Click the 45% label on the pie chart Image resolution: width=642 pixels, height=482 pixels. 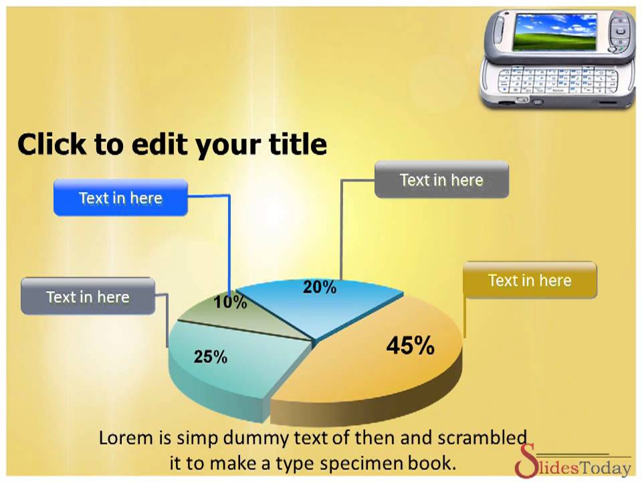[x=410, y=345]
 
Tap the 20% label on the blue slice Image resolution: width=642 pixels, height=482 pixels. [x=320, y=287]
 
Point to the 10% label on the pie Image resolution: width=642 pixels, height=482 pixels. [x=230, y=303]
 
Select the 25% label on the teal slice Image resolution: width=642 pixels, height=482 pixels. [x=211, y=357]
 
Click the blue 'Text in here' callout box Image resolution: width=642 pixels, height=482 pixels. [x=120, y=197]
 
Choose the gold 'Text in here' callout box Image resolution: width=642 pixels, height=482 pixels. [x=530, y=280]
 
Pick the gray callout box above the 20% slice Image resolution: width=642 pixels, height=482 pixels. [x=441, y=179]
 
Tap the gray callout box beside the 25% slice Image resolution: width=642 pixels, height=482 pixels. [x=88, y=297]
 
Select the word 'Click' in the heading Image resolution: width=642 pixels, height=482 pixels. [x=52, y=144]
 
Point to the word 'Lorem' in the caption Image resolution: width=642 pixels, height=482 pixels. [x=126, y=438]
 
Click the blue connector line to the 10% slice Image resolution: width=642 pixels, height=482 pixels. [x=229, y=241]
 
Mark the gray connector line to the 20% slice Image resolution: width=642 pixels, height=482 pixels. [x=341, y=228]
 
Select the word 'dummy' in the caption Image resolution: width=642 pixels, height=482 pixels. [x=258, y=438]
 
